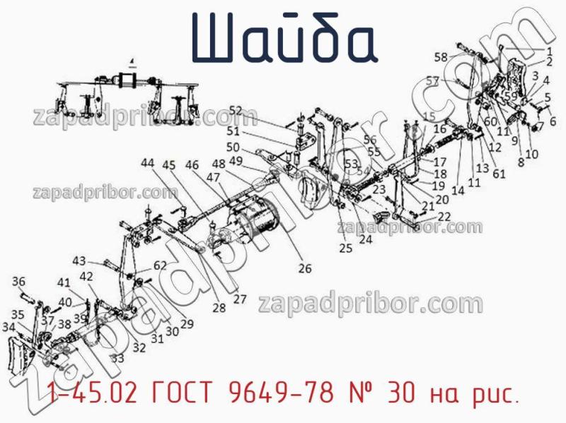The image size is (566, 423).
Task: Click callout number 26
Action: coord(305,268)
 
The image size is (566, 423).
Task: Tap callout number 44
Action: coord(147,163)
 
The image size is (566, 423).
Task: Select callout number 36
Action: coord(19,281)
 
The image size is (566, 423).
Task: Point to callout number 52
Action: coord(235,111)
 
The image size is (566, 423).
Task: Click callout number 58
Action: coord(441,56)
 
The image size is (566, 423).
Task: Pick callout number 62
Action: coord(160,266)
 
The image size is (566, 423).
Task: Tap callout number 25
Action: coord(345,248)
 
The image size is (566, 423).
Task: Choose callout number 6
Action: coord(553,120)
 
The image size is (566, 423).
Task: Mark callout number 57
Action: coord(433,81)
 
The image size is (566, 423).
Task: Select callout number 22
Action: coord(445,216)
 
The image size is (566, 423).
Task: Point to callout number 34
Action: coord(8,327)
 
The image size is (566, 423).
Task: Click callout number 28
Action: coord(219,307)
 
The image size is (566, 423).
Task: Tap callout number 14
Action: coord(458,189)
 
